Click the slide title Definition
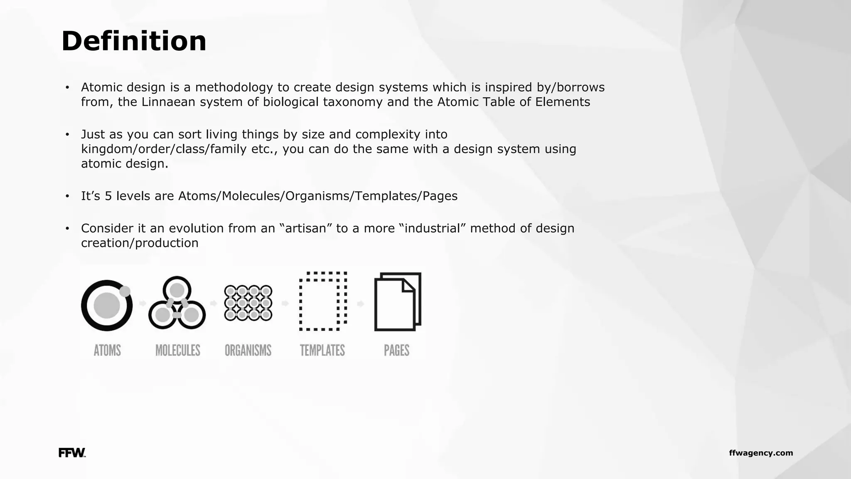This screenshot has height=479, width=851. coord(134,41)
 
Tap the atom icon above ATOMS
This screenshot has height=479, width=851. coord(107,305)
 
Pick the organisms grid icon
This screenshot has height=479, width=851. coord(248,303)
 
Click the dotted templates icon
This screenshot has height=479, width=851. coord(323,301)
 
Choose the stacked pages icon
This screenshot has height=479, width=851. coord(398,302)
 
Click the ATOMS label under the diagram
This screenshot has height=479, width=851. coord(107,351)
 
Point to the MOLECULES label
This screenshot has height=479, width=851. coord(178,351)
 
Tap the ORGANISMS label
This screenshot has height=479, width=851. coord(248,351)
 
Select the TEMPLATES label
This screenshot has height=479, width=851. coord(322,351)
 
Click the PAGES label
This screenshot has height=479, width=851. coord(396,351)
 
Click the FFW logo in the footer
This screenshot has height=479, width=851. coord(72,453)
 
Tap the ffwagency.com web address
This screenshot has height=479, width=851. coord(761,453)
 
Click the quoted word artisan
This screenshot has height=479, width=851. coord(305,228)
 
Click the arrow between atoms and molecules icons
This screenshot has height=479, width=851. coord(143,304)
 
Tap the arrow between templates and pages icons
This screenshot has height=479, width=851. coord(360,304)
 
